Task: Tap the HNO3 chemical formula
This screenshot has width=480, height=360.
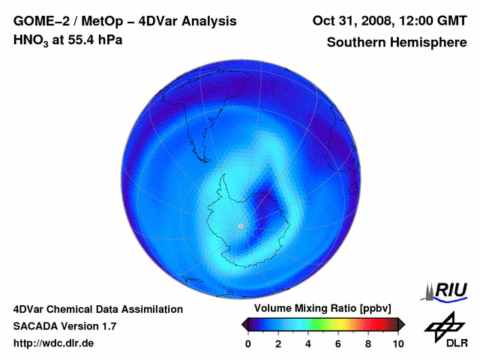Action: tap(32, 40)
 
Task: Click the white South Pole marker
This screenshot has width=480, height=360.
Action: tap(240, 226)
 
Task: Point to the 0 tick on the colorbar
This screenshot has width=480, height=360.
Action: tap(248, 343)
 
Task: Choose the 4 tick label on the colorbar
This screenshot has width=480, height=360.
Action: tap(308, 343)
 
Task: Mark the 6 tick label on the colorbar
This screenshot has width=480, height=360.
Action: tap(338, 343)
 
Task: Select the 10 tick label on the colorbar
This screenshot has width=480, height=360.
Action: tap(397, 343)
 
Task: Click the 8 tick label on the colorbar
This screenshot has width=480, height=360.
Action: tap(368, 343)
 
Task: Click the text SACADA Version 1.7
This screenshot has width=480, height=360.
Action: tap(64, 326)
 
